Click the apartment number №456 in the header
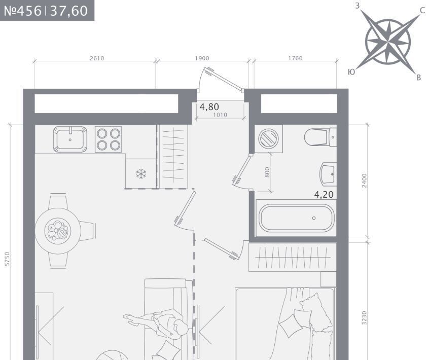[23, 11]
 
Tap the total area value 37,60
[69, 11]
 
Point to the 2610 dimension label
[97, 58]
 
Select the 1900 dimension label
[202, 58]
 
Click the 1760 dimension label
[296, 58]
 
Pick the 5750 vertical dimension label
[7, 259]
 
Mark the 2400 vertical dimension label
[364, 181]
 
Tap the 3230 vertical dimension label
[364, 318]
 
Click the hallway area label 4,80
[209, 107]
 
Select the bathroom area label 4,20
[324, 194]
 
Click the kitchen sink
[70, 139]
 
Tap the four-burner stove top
[108, 139]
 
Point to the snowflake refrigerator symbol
[141, 174]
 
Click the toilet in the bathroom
[321, 137]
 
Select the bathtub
[296, 219]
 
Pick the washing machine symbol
[268, 138]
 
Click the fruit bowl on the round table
[58, 231]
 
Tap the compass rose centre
[387, 42]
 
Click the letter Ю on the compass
[351, 72]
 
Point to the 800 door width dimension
[267, 172]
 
